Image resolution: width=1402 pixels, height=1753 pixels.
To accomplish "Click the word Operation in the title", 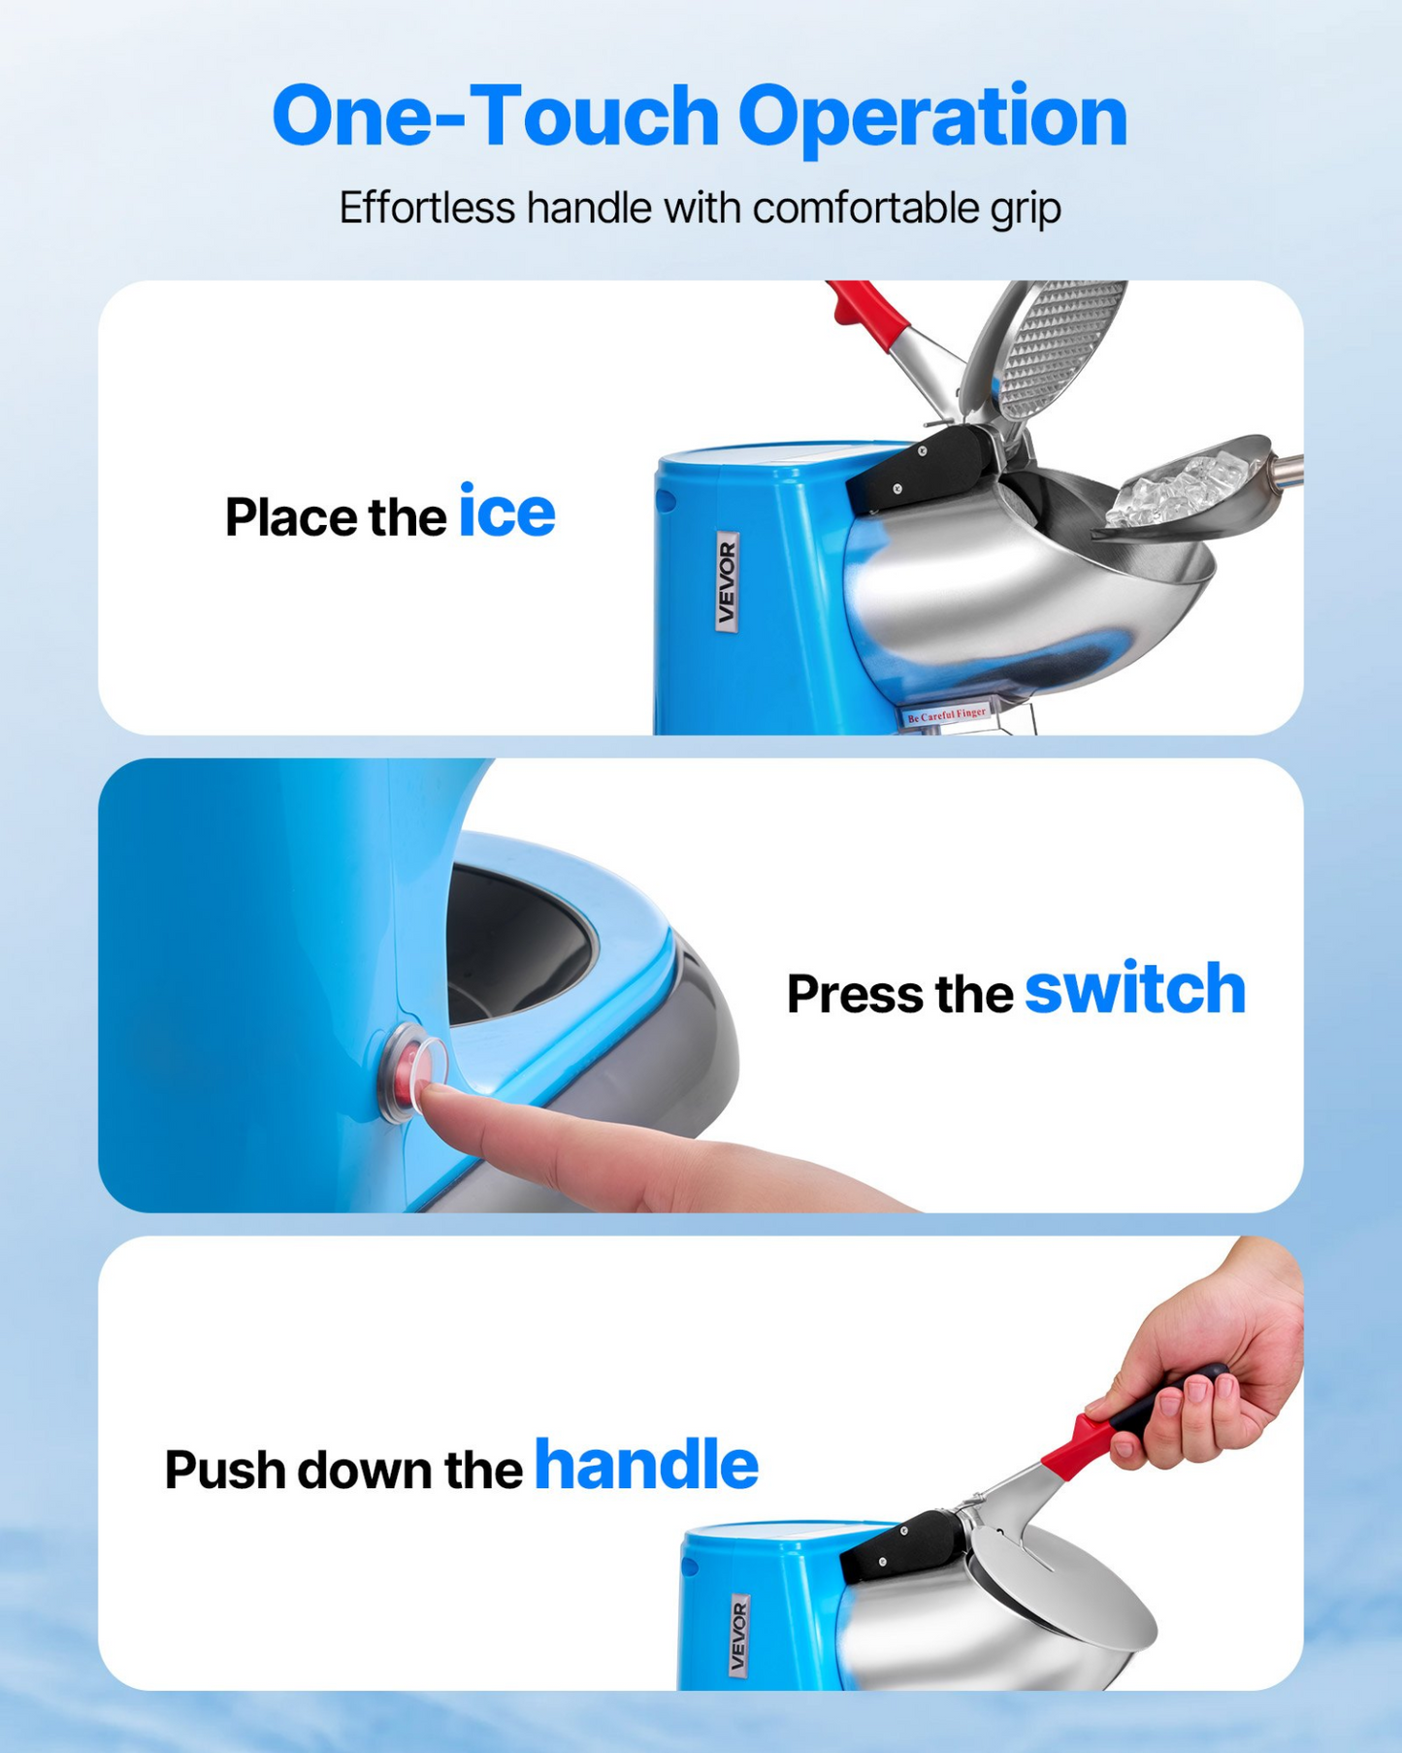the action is tap(932, 118).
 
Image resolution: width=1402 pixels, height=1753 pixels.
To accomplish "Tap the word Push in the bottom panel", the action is tap(224, 1470).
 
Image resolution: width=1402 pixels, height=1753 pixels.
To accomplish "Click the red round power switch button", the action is tap(414, 1069).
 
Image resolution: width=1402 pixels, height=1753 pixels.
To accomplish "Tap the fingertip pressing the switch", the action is tap(435, 1096).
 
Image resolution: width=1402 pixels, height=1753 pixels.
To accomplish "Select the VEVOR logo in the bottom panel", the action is tap(739, 1635).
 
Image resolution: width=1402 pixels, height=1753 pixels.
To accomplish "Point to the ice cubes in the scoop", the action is tap(1164, 491).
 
